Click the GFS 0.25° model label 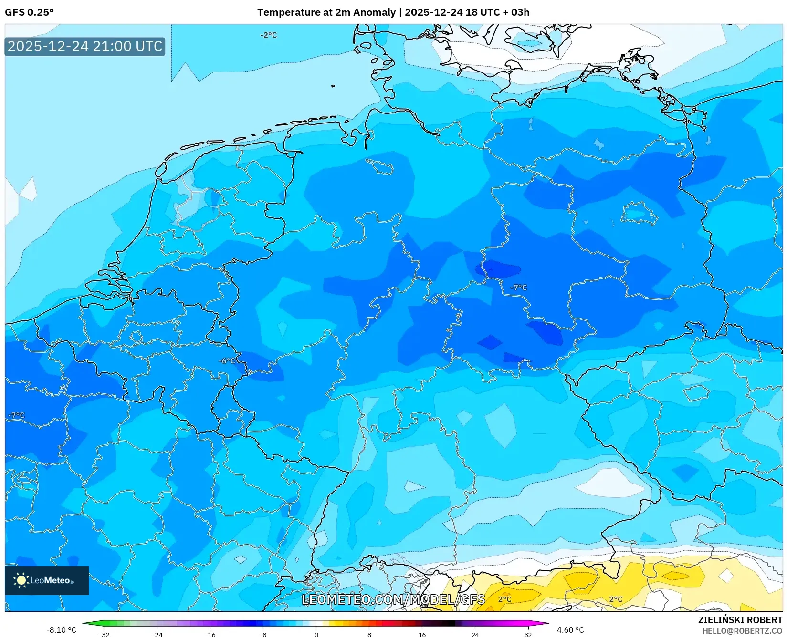tap(29, 12)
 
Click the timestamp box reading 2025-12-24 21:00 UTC tap(85, 46)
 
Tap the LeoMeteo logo tap(46, 580)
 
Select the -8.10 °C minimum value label tap(61, 630)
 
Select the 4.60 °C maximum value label tap(570, 630)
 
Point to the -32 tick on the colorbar tap(104, 634)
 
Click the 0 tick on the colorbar tap(316, 634)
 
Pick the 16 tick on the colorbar tap(422, 634)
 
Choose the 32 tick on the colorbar tap(528, 634)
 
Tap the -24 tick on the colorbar tap(157, 634)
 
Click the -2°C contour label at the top tap(268, 35)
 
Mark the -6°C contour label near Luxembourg tap(227, 361)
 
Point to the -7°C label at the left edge tap(16, 415)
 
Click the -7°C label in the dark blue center tap(518, 288)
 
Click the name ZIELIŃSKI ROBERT tap(740, 620)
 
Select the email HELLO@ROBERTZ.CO tap(743, 631)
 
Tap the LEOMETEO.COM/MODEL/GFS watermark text tap(394, 599)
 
